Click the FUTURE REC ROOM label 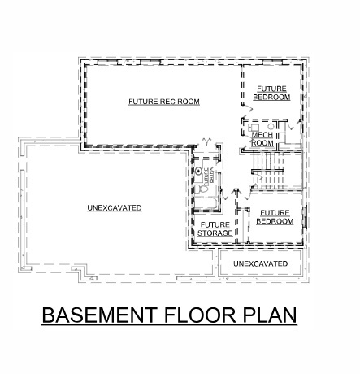[x=163, y=102]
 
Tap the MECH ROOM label [x=262, y=138]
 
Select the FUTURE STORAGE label [x=215, y=229]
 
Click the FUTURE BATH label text [x=206, y=174]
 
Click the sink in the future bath [x=197, y=172]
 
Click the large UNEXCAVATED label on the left [x=114, y=208]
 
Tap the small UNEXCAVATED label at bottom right [x=260, y=264]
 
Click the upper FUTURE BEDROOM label [x=271, y=93]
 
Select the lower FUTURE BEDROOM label [x=274, y=216]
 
